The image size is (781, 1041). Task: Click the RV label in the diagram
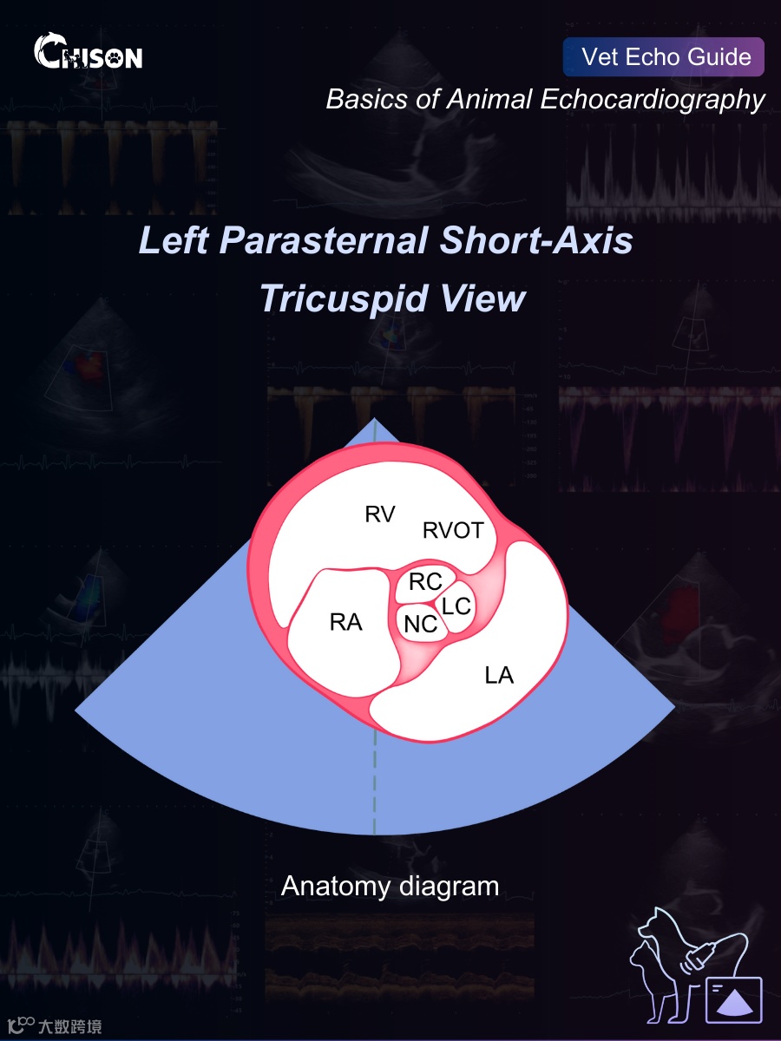(379, 514)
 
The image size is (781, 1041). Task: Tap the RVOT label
(452, 530)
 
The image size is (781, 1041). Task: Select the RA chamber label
(345, 621)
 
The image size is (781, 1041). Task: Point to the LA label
(499, 675)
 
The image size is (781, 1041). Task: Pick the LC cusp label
(456, 606)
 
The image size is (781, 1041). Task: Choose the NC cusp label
(420, 623)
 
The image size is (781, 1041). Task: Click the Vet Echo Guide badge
(664, 57)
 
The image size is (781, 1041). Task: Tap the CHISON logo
(89, 53)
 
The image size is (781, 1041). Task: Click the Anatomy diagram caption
(390, 887)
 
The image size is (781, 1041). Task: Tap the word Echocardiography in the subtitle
(653, 100)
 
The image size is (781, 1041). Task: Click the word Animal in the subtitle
(488, 100)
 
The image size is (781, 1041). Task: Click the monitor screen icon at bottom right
(733, 1000)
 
